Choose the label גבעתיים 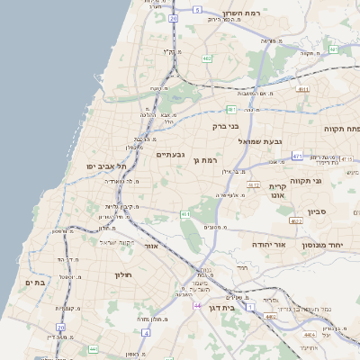pyautogui.click(x=170, y=154)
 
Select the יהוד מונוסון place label pyautogui.click(x=333, y=245)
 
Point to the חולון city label pyautogui.click(x=123, y=274)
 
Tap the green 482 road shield pyautogui.click(x=207, y=58)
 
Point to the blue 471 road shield pyautogui.click(x=296, y=156)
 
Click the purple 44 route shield pyautogui.click(x=196, y=306)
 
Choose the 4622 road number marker pyautogui.click(x=296, y=220)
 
